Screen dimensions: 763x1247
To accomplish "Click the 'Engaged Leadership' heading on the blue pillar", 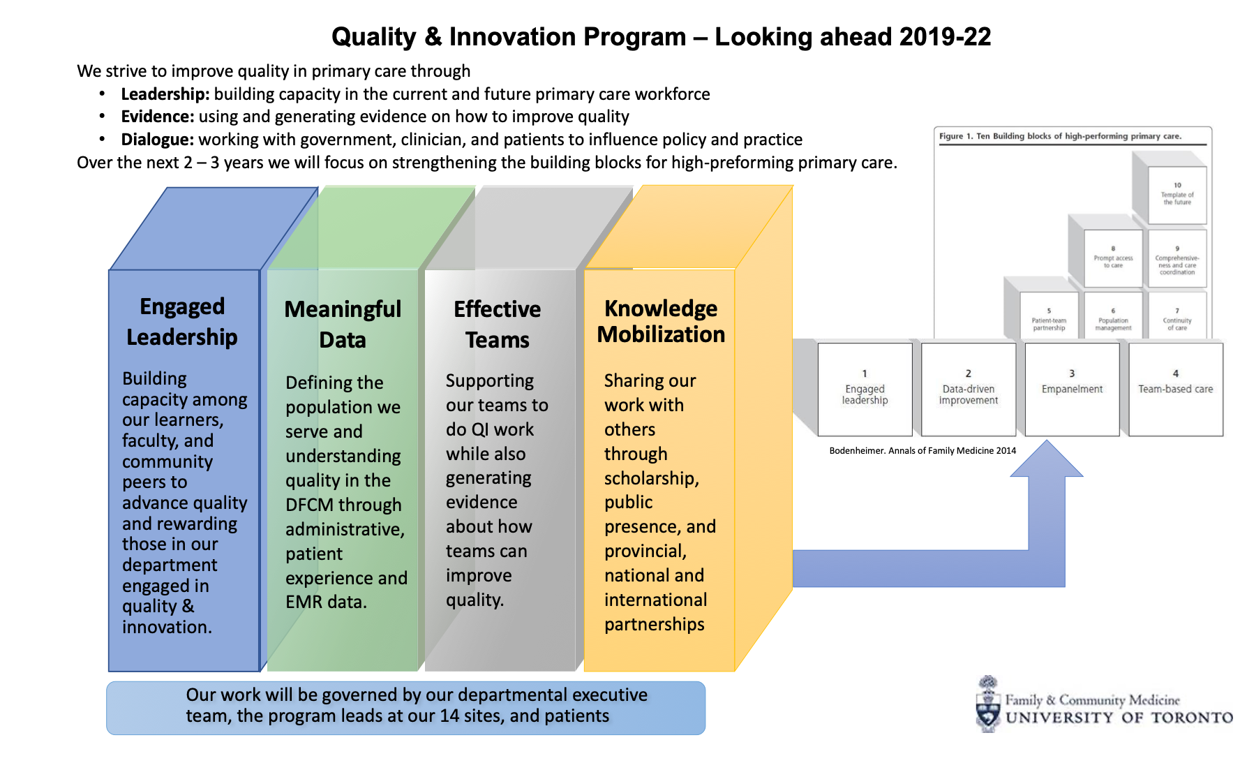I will coord(182,322).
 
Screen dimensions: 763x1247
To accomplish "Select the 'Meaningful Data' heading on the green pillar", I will coord(343,325).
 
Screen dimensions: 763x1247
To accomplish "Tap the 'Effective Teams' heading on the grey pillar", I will coord(497,325).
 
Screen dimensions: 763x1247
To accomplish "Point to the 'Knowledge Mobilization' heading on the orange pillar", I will coord(661,321).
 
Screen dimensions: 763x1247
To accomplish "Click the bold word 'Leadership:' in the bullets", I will coord(165,94).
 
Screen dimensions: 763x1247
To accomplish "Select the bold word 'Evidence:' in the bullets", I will coord(157,117).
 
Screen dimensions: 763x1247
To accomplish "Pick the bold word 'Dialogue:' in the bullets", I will coord(157,140).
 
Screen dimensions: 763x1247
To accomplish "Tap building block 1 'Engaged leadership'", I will coord(865,389).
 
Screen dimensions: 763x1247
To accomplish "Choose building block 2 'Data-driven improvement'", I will coord(968,389).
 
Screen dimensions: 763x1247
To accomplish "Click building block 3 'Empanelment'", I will coord(1072,389).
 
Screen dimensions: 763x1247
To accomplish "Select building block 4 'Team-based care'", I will coord(1175,389).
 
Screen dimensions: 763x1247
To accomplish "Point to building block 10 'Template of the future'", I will coord(1177,195).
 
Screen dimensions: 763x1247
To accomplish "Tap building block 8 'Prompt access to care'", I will coord(1113,258).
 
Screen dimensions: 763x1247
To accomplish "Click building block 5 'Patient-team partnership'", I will coord(1049,320).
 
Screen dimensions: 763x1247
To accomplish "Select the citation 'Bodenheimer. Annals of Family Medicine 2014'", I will coord(922,451).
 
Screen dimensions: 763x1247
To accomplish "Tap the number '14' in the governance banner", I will coord(449,716).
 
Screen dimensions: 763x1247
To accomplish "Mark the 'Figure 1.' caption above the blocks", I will coord(955,136).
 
